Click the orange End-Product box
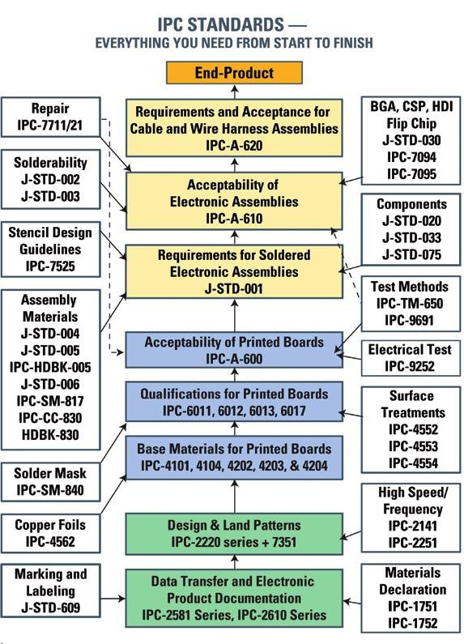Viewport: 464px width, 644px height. pos(234,73)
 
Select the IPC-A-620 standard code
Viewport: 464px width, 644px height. pos(234,146)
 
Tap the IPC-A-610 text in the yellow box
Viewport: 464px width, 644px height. pos(234,219)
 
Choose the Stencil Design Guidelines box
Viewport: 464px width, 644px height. pos(51,249)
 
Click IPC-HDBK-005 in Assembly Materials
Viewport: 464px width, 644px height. pos(51,366)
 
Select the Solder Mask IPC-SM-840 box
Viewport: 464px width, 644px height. pos(51,480)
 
